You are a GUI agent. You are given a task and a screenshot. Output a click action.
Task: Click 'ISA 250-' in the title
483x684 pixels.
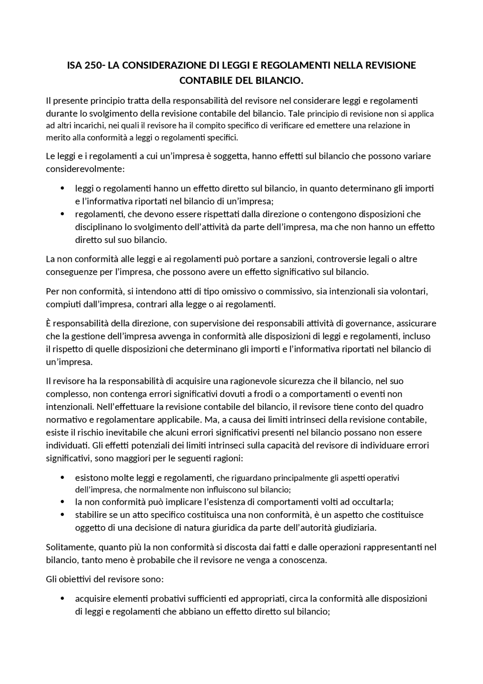(86, 65)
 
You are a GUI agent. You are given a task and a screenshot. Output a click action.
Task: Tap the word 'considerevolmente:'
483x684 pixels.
(85, 169)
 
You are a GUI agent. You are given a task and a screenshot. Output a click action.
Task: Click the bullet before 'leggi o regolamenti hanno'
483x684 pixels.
(63, 188)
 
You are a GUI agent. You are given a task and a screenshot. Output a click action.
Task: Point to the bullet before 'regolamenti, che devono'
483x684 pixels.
(63, 214)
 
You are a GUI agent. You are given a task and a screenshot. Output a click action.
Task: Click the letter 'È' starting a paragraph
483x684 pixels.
(48, 323)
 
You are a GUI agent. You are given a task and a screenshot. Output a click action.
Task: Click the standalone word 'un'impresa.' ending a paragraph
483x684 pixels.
(69, 362)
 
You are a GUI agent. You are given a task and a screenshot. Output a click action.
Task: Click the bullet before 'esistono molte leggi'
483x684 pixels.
(63, 478)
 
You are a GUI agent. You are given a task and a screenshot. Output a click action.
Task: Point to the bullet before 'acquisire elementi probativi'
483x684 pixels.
(63, 599)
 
